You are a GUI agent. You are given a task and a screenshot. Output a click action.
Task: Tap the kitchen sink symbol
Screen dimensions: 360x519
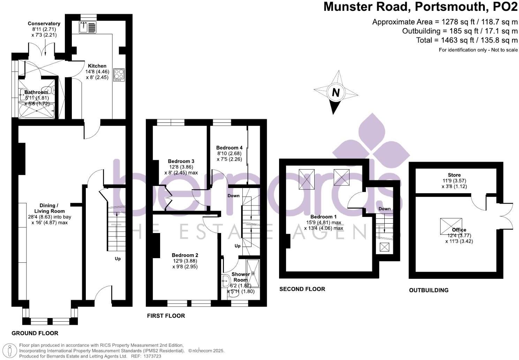pyautogui.click(x=83, y=27)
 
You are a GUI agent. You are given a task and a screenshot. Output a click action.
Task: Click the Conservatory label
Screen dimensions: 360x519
pyautogui.click(x=44, y=24)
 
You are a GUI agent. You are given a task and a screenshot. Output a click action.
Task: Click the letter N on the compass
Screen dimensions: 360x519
pyautogui.click(x=336, y=93)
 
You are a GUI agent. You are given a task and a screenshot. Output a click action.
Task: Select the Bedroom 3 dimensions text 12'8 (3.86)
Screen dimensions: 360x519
pyautogui.click(x=181, y=167)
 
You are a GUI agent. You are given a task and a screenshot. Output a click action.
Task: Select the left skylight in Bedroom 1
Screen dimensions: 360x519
pyautogui.click(x=306, y=179)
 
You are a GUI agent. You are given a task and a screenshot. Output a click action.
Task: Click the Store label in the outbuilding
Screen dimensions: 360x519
pyautogui.click(x=454, y=175)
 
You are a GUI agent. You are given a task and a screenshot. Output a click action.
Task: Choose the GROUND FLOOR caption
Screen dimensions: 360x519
pyautogui.click(x=35, y=333)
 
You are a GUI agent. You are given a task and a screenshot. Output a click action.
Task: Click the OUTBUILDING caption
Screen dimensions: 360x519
pyautogui.click(x=429, y=290)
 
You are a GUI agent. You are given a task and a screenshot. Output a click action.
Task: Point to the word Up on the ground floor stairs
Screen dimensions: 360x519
pyautogui.click(x=118, y=259)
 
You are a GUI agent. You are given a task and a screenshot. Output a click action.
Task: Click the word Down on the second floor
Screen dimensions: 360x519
pyautogui.click(x=384, y=209)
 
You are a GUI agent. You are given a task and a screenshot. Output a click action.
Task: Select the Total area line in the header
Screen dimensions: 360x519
pyautogui.click(x=467, y=40)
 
